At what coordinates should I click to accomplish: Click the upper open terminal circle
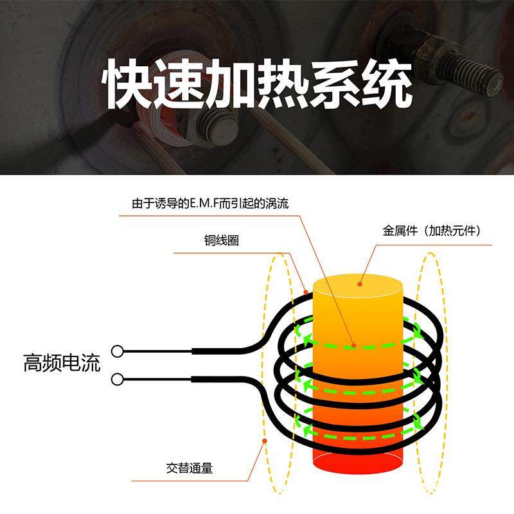pyautogui.click(x=117, y=351)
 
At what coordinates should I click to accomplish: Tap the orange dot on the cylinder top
pyautogui.click(x=360, y=281)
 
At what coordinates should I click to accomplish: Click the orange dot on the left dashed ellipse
pyautogui.click(x=265, y=441)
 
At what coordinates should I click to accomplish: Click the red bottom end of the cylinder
pyautogui.click(x=357, y=461)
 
